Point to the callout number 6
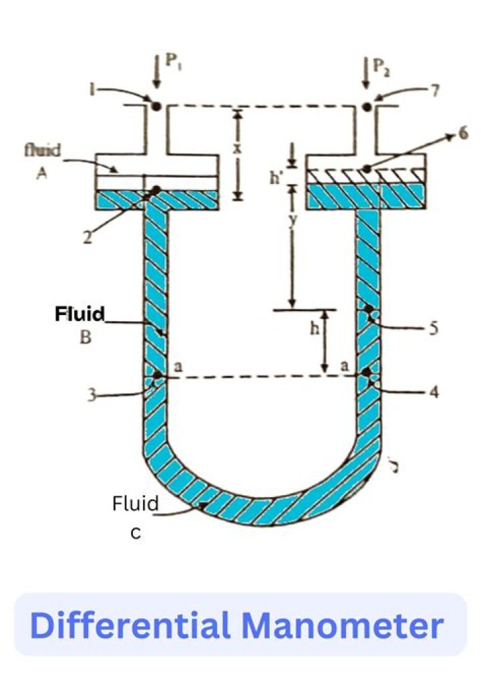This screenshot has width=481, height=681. [463, 134]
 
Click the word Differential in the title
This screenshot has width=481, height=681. [130, 625]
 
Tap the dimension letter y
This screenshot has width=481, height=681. [292, 223]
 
